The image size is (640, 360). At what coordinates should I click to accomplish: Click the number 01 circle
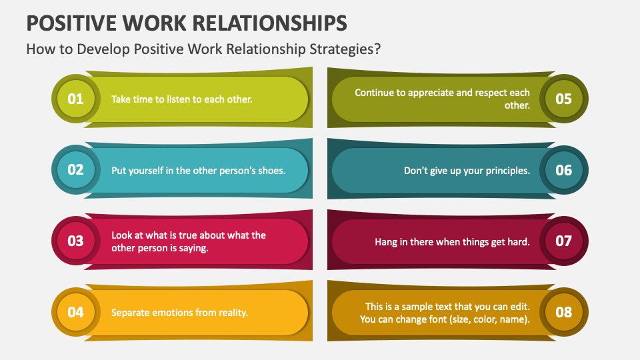point(75,99)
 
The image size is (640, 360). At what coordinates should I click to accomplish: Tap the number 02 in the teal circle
point(75,170)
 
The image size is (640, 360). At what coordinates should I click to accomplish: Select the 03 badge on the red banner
point(75,241)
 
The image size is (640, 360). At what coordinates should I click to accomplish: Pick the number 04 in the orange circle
point(75,312)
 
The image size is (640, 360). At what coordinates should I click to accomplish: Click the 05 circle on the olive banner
point(564,99)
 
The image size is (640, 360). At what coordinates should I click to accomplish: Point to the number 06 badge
point(564,170)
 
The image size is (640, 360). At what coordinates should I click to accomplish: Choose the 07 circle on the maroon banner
point(564,241)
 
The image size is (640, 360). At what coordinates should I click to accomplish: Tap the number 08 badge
point(564,312)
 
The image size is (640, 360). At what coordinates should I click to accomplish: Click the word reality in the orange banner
point(233,313)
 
